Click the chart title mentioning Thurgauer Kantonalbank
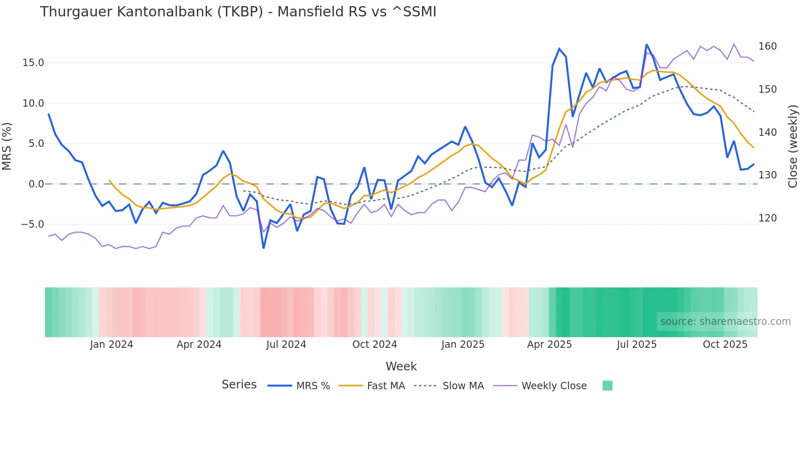pyautogui.click(x=238, y=12)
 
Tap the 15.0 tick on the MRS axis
pyautogui.click(x=33, y=63)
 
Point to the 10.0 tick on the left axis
pyautogui.click(x=33, y=103)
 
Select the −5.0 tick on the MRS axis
pyautogui.click(x=32, y=224)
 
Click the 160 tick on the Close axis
pyautogui.click(x=767, y=46)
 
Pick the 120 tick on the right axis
pyautogui.click(x=767, y=218)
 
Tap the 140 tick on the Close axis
pyautogui.click(x=767, y=132)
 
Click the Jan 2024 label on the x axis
pyautogui.click(x=111, y=345)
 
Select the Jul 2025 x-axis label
pyautogui.click(x=637, y=345)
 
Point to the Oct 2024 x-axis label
pyautogui.click(x=374, y=345)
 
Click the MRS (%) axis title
pyautogui.click(x=7, y=146)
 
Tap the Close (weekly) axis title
pyautogui.click(x=793, y=146)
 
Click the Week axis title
pyautogui.click(x=401, y=366)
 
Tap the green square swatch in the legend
pyautogui.click(x=608, y=386)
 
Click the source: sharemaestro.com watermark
pyautogui.click(x=725, y=322)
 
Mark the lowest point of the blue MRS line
pyautogui.click(x=263, y=248)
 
